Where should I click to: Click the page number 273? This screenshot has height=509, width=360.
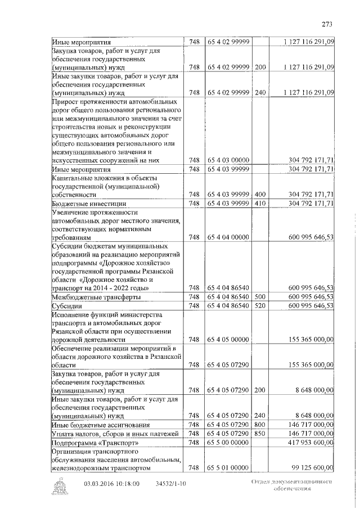click(x=327, y=23)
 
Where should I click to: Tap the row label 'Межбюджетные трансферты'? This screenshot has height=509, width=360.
click(x=96, y=296)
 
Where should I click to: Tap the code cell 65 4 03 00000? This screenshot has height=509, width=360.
click(x=228, y=160)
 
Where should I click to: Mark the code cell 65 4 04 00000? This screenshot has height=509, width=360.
click(x=228, y=237)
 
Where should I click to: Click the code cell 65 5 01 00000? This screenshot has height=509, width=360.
click(x=228, y=468)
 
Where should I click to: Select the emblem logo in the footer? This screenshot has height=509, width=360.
click(x=58, y=487)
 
